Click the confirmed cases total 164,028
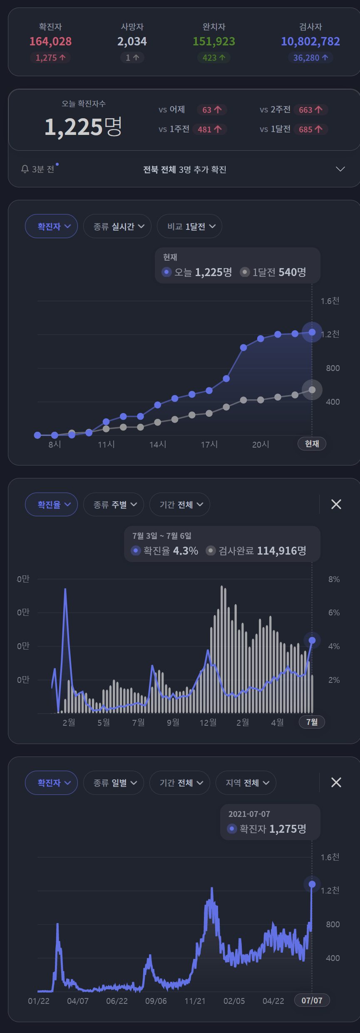coord(50,41)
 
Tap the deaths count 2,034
coord(132,41)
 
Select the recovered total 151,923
coord(214,41)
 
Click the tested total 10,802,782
coord(310,41)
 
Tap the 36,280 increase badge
coord(310,58)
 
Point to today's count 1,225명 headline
coord(83,127)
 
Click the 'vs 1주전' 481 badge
coord(209,129)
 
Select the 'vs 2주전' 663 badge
coord(310,110)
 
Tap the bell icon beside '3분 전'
coord(25,169)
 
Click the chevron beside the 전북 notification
coord(340,169)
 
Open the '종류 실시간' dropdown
coord(117,227)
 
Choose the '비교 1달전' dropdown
coord(189,227)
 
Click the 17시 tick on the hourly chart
coord(209,444)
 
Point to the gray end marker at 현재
coord(312,390)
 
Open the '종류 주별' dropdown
coord(113,505)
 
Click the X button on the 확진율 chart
coord(336,505)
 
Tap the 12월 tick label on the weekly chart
coord(208,722)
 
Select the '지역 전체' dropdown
coord(246,783)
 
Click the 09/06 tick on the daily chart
coord(156,1001)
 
